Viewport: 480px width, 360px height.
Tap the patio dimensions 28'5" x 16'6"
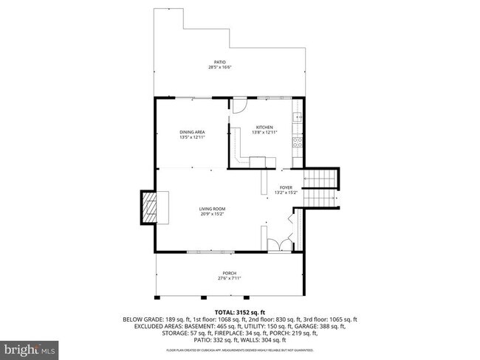(219, 68)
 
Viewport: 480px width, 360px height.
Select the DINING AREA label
(191, 131)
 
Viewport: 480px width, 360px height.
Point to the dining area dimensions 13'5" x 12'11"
(191, 137)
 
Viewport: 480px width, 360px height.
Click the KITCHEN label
(264, 126)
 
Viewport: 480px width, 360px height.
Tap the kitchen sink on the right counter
(298, 116)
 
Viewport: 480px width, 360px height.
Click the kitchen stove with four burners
(298, 142)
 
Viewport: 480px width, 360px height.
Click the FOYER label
(286, 187)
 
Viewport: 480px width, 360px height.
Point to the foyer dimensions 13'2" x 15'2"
(286, 193)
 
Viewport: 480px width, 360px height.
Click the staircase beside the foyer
(323, 188)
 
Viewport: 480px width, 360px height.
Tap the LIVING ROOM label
(211, 209)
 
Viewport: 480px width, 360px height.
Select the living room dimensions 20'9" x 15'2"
(211, 215)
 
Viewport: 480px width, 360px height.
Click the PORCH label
(229, 273)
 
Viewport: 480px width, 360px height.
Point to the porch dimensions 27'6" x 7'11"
(229, 279)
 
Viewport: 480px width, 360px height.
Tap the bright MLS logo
(30, 347)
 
